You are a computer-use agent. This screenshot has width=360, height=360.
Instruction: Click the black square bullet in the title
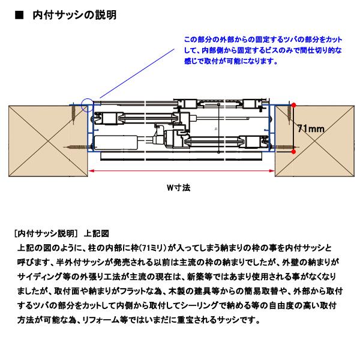[x=19, y=15]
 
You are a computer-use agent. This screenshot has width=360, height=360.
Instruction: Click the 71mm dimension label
[x=311, y=128]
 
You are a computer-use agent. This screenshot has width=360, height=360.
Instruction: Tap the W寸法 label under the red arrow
[x=179, y=188]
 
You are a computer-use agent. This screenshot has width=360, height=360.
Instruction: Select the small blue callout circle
[x=88, y=106]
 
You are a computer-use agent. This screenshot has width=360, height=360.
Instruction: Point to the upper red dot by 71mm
[x=293, y=105]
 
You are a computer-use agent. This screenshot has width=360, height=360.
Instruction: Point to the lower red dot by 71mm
[x=293, y=152]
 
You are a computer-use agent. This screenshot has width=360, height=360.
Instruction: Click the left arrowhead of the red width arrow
[x=91, y=170]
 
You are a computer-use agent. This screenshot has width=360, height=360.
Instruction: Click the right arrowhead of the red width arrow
[x=272, y=170]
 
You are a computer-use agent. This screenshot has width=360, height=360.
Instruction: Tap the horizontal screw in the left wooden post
[x=75, y=147]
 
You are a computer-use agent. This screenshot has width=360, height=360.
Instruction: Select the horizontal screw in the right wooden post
[x=287, y=147]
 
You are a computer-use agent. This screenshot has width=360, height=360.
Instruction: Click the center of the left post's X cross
[x=48, y=141]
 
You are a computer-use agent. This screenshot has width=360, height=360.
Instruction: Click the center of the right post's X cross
[x=314, y=141]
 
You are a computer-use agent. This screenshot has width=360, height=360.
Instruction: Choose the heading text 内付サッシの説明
[x=75, y=15]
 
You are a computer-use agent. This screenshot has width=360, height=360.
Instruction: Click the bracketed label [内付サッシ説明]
[x=45, y=233]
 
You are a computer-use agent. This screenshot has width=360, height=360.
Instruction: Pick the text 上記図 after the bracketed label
[x=97, y=233]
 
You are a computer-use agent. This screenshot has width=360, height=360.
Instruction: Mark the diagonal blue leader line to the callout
[x=137, y=73]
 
